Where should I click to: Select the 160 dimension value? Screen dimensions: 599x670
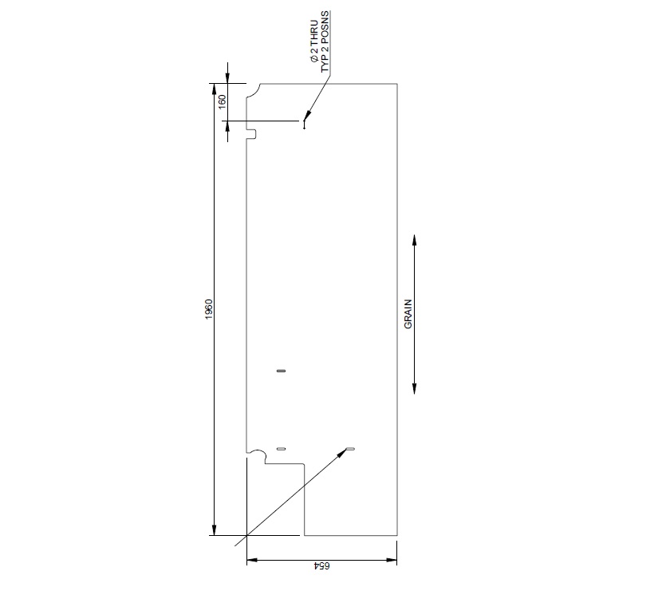coord(223,101)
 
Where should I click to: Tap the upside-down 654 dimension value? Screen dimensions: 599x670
coord(321,566)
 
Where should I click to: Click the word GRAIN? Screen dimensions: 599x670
coord(408,314)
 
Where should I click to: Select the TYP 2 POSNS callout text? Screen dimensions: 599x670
coord(325,42)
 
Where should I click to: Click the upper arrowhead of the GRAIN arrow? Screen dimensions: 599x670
coord(415,239)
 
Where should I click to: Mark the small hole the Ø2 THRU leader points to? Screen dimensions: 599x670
coord(304,122)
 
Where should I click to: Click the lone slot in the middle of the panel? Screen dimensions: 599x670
coord(280,371)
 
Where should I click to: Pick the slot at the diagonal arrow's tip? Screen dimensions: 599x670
coord(349,450)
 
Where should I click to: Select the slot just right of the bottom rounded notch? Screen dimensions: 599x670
coord(280,450)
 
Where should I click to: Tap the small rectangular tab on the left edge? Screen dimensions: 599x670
coord(250,133)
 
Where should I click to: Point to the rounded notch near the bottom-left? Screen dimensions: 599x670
coord(257,456)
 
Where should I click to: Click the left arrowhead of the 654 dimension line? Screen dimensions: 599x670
coord(251,561)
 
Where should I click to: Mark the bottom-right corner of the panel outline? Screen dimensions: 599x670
coord(398,535)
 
